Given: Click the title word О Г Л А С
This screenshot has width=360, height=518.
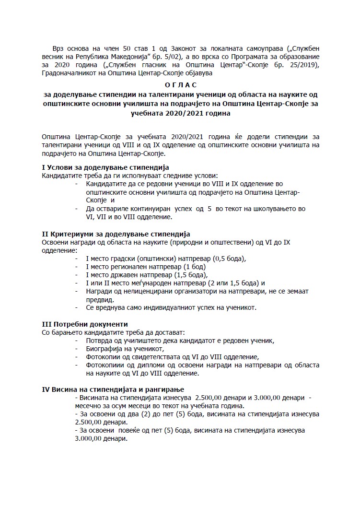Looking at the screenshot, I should point(180,84).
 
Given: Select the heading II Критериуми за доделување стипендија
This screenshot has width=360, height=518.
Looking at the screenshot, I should point(116,234).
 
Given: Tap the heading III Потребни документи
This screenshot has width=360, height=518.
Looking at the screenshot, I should point(85,324).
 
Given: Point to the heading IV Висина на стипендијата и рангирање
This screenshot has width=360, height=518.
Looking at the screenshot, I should point(113,389).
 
